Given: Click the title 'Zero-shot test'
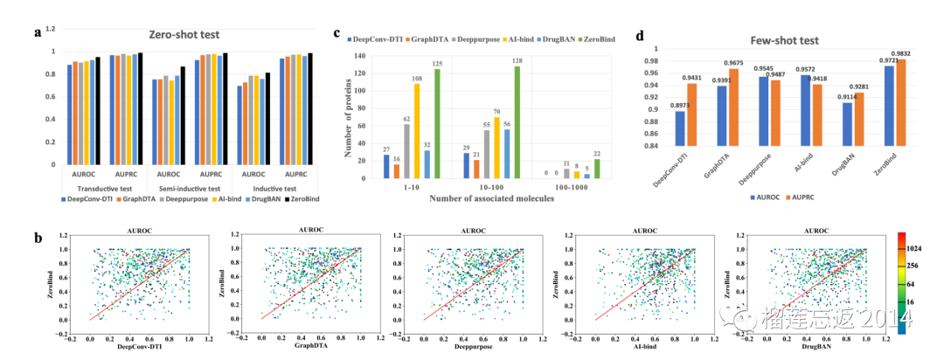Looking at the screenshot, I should (183, 35).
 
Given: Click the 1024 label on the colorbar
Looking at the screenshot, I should (924, 248).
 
